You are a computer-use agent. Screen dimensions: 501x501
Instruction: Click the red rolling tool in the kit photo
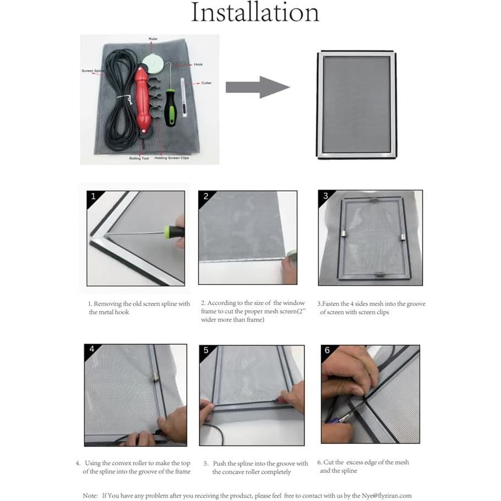tap(143, 100)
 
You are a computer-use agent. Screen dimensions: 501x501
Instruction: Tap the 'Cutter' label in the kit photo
tap(206, 83)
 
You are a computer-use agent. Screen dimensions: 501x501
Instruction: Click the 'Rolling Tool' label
tap(139, 158)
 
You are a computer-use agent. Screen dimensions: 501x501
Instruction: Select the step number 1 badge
tap(93, 196)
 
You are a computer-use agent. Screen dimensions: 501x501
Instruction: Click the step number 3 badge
tap(325, 196)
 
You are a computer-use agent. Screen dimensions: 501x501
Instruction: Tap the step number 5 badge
tap(205, 350)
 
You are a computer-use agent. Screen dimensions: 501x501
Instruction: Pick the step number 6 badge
tap(327, 350)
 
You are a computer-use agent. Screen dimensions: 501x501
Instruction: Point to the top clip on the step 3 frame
tap(374, 202)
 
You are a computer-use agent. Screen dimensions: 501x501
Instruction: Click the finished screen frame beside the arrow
tap(357, 105)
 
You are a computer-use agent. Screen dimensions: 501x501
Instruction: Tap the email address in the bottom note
tap(381, 495)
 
